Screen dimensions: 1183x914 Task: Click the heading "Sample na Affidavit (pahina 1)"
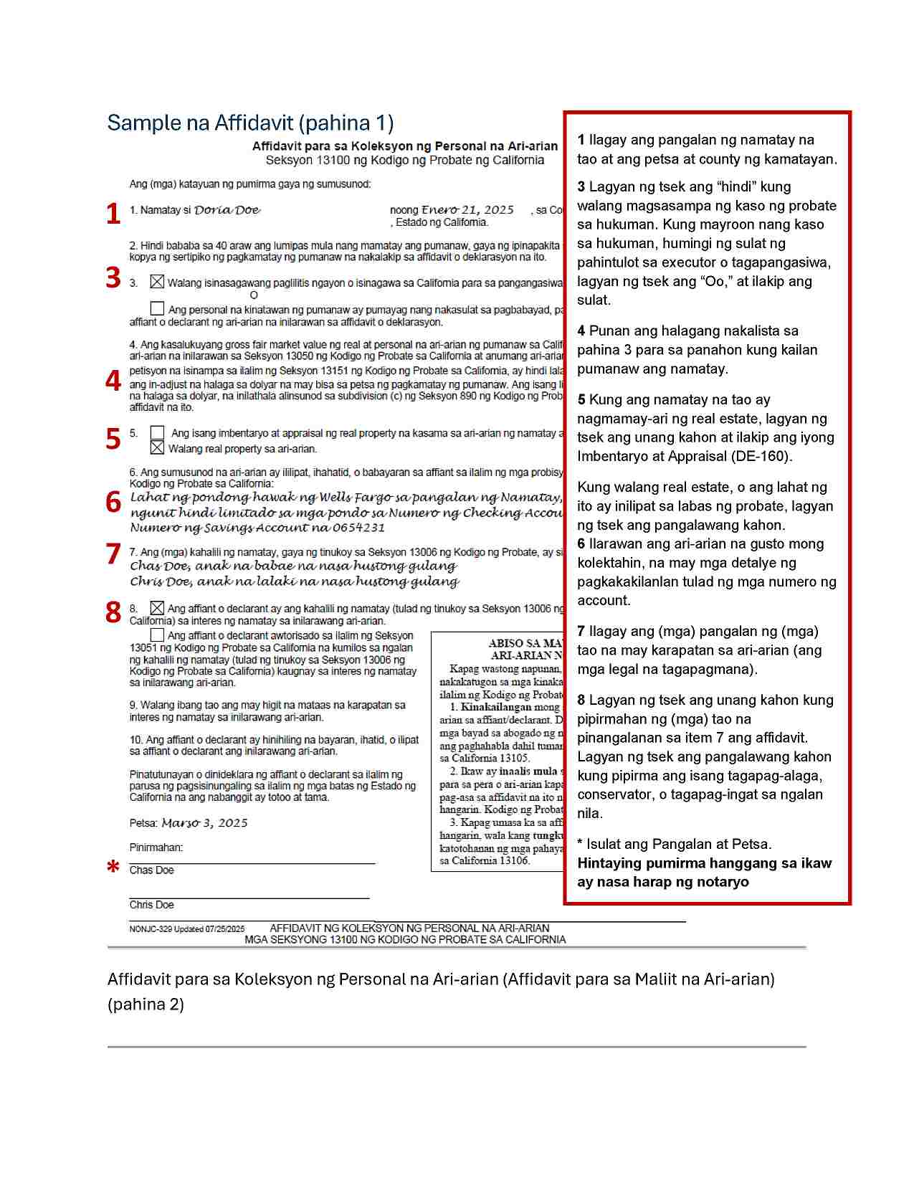(x=250, y=123)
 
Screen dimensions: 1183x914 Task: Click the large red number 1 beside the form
(x=113, y=214)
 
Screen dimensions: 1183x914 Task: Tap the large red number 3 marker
(x=113, y=277)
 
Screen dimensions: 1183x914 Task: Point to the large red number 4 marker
(x=113, y=380)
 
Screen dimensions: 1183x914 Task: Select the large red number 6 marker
(x=113, y=502)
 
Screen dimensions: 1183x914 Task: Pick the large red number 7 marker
(x=113, y=554)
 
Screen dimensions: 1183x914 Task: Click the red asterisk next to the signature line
(x=113, y=867)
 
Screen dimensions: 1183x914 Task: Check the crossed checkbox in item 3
(x=157, y=282)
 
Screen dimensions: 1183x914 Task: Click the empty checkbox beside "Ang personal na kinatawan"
(x=157, y=308)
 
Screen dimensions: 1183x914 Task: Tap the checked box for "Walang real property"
(x=157, y=448)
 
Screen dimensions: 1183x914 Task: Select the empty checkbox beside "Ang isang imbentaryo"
(x=157, y=433)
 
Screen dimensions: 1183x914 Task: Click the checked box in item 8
(x=157, y=608)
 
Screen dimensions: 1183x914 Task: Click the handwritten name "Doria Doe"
(x=227, y=210)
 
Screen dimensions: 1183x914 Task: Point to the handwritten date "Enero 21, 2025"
(x=467, y=210)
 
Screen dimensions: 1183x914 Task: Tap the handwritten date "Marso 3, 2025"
(x=205, y=823)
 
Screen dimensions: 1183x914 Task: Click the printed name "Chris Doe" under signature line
(x=152, y=905)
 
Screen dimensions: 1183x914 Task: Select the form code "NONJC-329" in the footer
(x=151, y=929)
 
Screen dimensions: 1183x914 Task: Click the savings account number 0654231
(x=358, y=528)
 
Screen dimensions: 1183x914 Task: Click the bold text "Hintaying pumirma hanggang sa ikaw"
(x=704, y=863)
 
